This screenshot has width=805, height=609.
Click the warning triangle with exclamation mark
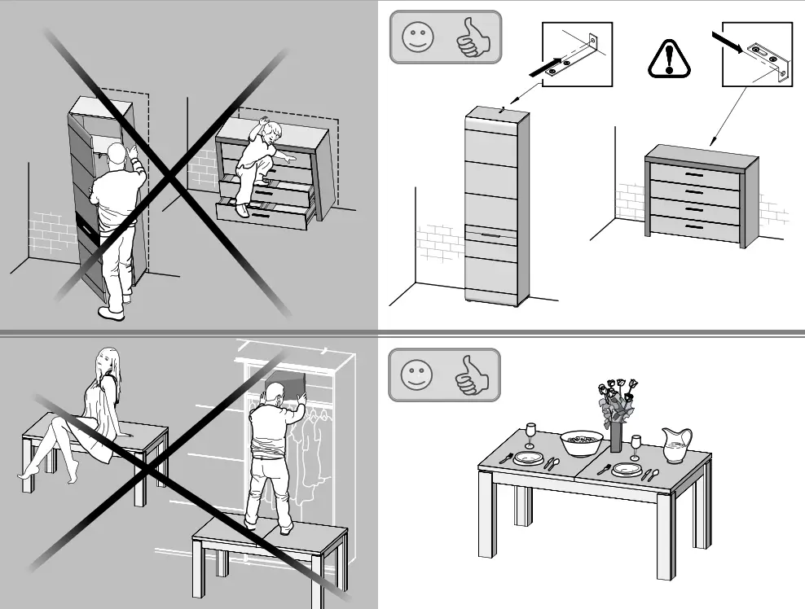(x=669, y=59)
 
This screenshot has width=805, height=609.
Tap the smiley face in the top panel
(x=418, y=37)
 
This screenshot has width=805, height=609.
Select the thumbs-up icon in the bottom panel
(x=471, y=375)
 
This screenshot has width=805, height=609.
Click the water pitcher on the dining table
(x=677, y=445)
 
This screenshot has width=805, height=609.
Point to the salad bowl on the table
(x=582, y=443)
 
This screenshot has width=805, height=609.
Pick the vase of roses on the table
(x=617, y=415)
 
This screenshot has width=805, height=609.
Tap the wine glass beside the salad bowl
(x=530, y=433)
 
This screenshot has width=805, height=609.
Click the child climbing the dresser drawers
(x=262, y=163)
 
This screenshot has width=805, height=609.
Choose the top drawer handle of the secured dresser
(x=693, y=175)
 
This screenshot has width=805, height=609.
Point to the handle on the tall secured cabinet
(x=490, y=234)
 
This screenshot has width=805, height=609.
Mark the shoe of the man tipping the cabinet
(x=111, y=313)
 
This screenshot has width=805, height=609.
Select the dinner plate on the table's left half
(x=529, y=458)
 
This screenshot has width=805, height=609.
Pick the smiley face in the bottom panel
(x=417, y=375)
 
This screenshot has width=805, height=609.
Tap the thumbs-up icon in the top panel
(x=471, y=37)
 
